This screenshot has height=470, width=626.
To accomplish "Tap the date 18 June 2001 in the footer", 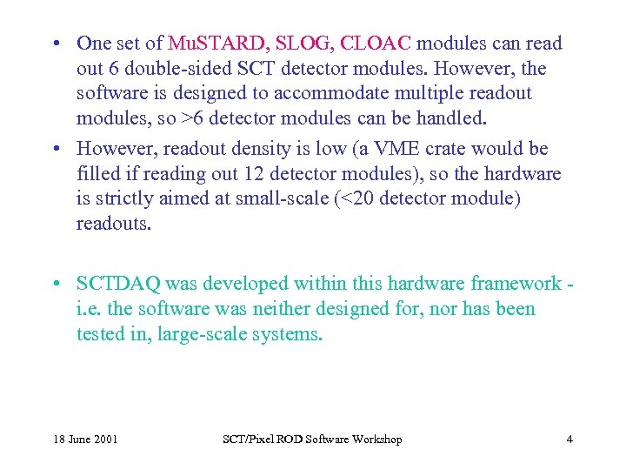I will point(84,439).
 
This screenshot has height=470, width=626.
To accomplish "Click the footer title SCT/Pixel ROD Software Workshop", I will point(311,439).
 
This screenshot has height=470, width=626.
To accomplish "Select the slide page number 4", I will point(569,439).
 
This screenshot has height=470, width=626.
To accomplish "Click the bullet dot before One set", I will point(55,44).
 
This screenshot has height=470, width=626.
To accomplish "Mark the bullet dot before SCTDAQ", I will point(55,284).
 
